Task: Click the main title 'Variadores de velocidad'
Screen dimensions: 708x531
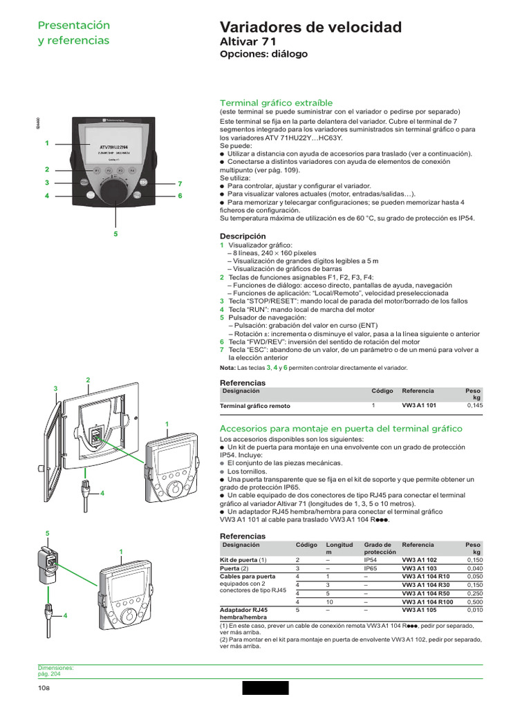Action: pyautogui.click(x=310, y=28)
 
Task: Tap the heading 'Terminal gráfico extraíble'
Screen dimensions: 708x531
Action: pyautogui.click(x=275, y=102)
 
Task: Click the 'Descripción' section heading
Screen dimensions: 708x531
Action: pyautogui.click(x=242, y=236)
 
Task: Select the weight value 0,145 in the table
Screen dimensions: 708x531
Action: pyautogui.click(x=474, y=406)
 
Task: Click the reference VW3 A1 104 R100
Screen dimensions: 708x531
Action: pyautogui.click(x=427, y=602)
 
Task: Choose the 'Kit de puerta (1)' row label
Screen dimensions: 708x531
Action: pyautogui.click(x=243, y=559)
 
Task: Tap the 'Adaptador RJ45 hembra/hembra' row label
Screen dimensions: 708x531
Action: pyautogui.click(x=244, y=613)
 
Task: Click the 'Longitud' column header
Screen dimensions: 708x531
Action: pyautogui.click(x=340, y=545)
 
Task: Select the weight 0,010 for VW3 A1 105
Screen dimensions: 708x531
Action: pyautogui.click(x=474, y=610)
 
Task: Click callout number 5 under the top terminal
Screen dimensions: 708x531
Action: pyautogui.click(x=115, y=234)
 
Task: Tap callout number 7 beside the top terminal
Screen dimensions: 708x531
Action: pyautogui.click(x=179, y=184)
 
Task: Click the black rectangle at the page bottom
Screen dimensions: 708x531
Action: pyautogui.click(x=265, y=688)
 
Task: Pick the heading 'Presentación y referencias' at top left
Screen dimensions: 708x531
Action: pyautogui.click(x=73, y=32)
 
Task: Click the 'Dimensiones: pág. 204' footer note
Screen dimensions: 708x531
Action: pyautogui.click(x=55, y=671)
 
